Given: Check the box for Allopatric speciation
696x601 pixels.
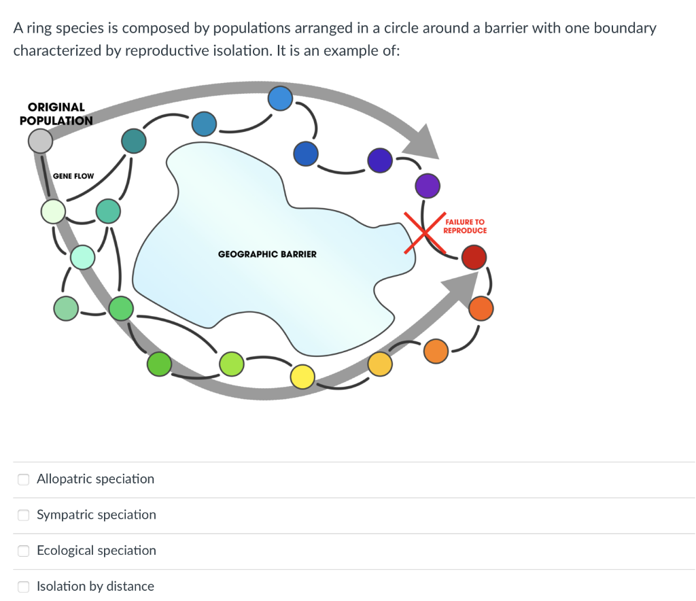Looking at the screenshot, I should [x=23, y=479].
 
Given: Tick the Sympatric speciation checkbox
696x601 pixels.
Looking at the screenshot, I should [x=23, y=515].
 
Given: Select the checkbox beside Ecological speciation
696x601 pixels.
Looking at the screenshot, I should [x=23, y=551].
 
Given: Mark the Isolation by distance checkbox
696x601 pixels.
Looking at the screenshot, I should [x=23, y=587].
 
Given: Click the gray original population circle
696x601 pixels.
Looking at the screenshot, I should [x=40, y=141].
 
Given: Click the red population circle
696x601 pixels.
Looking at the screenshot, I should [x=474, y=258].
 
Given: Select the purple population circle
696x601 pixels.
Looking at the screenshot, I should [x=428, y=184].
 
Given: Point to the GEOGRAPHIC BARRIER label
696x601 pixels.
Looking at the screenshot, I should [x=267, y=254].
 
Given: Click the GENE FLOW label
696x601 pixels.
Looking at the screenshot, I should [x=73, y=176].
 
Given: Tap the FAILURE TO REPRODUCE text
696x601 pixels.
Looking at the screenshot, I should [x=465, y=226].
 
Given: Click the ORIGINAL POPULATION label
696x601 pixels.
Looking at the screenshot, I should [x=56, y=114].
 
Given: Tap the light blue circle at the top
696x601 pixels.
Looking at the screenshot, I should [x=280, y=99].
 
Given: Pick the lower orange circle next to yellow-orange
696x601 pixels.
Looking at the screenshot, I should [x=436, y=351].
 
